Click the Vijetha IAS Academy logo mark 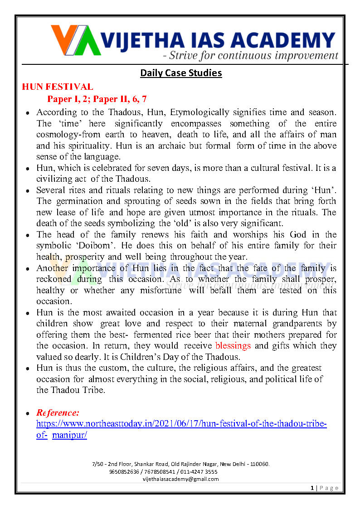76,40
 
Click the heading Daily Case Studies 181,73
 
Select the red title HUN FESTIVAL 58,87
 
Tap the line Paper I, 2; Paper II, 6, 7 97,99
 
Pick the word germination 81,201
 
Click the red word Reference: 58,412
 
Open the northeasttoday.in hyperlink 181,424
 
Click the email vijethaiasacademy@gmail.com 180,479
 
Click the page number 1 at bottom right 312,488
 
